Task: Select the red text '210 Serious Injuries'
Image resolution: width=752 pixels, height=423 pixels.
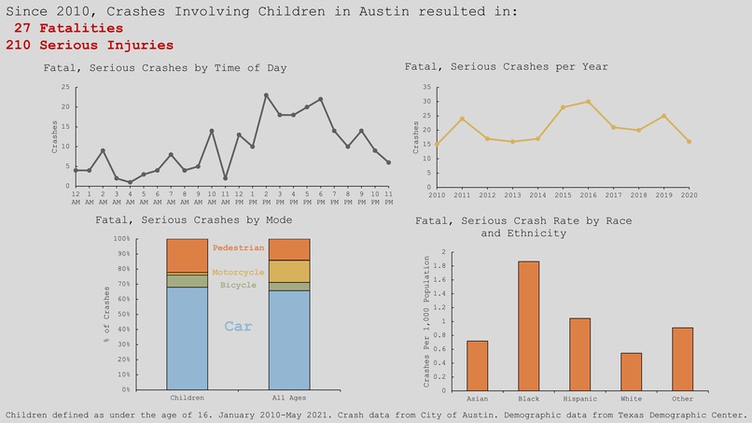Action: point(89,44)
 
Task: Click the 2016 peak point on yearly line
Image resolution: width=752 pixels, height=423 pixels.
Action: point(588,102)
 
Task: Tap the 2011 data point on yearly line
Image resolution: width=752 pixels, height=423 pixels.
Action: point(462,119)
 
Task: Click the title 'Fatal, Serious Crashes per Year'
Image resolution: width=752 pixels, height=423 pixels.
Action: point(506,67)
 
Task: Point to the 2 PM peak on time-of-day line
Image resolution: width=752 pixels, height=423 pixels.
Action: point(266,95)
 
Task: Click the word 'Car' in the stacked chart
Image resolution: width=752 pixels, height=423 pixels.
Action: point(238,327)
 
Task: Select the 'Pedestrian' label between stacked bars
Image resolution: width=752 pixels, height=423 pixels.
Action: point(238,247)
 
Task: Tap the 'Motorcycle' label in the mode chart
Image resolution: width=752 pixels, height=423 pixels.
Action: point(238,272)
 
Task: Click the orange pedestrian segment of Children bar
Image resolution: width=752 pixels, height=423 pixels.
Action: point(188,255)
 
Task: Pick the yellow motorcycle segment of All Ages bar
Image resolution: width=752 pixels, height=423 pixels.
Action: point(289,271)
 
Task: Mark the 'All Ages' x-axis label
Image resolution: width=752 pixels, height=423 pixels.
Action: point(289,396)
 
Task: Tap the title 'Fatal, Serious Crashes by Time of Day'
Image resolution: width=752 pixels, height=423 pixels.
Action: point(165,68)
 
